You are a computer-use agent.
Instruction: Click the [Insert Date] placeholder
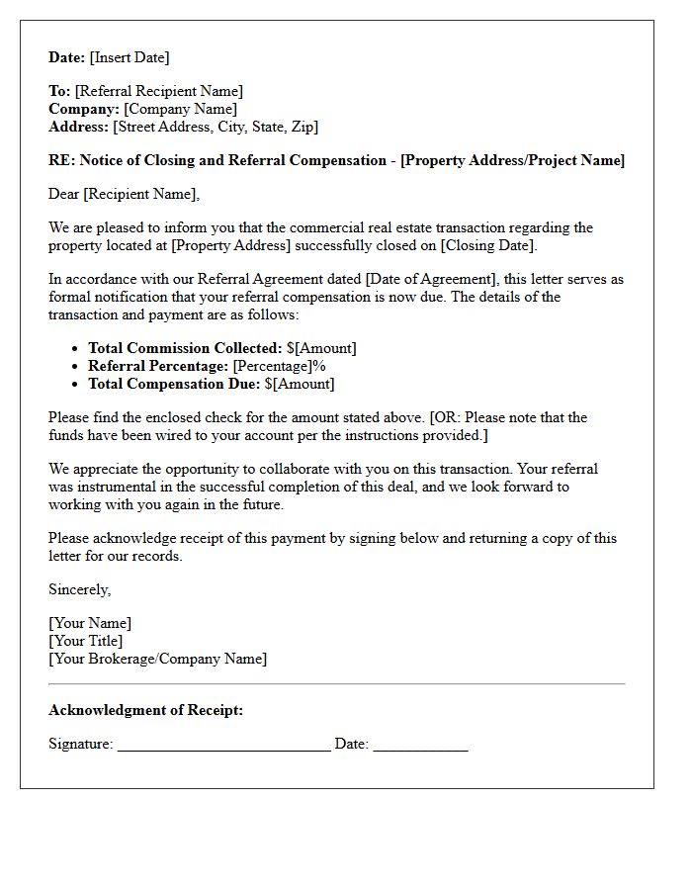click(x=130, y=57)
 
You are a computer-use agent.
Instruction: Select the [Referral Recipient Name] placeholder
click(x=159, y=91)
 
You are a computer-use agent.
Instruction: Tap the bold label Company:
click(x=84, y=109)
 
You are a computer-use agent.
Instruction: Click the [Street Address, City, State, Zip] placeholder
click(x=216, y=127)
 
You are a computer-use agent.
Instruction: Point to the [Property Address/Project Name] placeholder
click(x=512, y=160)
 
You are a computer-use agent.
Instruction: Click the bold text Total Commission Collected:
click(x=185, y=348)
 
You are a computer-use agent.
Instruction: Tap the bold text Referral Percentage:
click(x=158, y=366)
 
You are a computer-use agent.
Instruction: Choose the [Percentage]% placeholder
click(x=279, y=366)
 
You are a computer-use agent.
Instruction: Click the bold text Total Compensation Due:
click(x=174, y=384)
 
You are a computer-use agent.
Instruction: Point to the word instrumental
click(x=116, y=487)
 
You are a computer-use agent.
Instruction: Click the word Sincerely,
click(x=80, y=589)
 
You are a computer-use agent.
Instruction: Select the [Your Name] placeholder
click(x=90, y=623)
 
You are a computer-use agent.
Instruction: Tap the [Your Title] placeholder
click(x=86, y=641)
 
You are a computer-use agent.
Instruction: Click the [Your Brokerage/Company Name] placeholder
click(x=157, y=659)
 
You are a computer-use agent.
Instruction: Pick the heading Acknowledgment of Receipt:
click(x=145, y=710)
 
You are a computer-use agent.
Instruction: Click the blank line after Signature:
click(x=223, y=746)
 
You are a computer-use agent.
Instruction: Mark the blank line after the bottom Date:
click(x=420, y=746)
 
